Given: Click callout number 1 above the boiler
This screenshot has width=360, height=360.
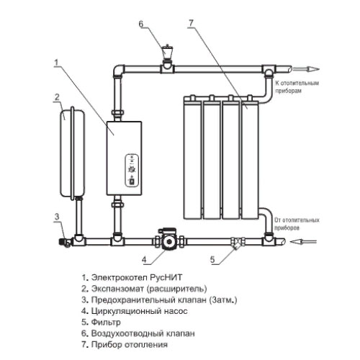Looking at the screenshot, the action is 56,63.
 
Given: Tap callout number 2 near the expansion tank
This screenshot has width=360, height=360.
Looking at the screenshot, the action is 57,97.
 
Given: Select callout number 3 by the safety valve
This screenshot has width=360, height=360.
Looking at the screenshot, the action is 57,217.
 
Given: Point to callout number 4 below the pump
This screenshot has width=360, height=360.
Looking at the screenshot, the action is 144,259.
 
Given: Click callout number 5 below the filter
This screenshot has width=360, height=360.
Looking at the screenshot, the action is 212,259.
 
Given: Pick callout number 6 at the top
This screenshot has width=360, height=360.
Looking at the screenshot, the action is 141,24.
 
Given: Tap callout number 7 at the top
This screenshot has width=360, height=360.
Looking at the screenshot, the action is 191,23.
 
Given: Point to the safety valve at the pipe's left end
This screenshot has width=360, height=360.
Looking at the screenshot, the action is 64,241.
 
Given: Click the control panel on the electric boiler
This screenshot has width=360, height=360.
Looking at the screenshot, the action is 132,170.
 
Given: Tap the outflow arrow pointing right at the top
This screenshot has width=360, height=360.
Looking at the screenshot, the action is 306,69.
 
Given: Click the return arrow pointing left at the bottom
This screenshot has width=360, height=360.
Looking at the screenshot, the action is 303,241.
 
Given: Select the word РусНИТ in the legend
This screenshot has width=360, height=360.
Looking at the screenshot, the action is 166,277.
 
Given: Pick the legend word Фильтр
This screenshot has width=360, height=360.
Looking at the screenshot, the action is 106,323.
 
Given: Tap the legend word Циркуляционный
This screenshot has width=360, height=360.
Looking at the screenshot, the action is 126,311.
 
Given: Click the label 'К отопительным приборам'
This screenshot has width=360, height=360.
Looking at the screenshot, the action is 297,87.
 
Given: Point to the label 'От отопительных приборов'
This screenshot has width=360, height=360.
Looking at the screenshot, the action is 297,224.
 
